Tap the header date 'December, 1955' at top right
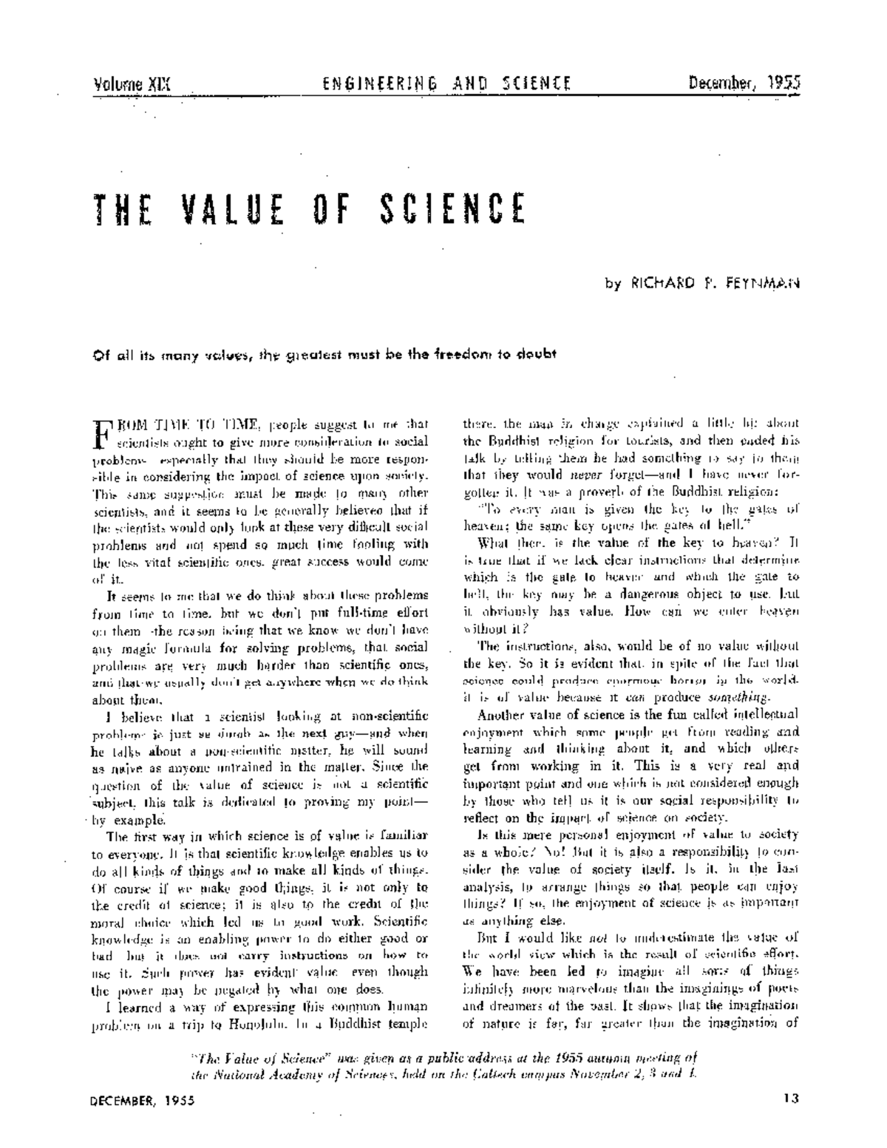click(744, 83)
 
